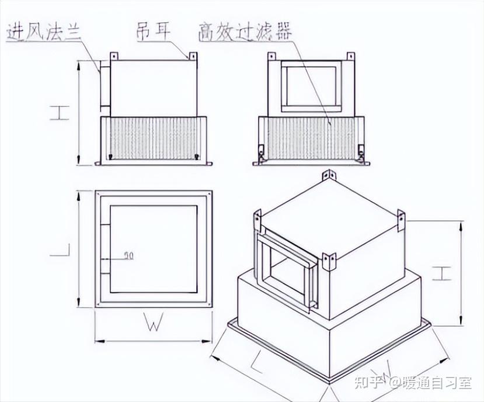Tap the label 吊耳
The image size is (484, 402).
tap(153, 30)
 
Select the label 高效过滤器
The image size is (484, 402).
tap(245, 30)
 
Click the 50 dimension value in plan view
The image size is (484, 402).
tap(128, 255)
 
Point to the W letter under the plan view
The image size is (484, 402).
tap(152, 325)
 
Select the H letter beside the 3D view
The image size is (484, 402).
tap(443, 273)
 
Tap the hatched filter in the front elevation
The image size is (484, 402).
tap(153, 138)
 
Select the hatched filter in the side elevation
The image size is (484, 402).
tap(311, 140)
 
